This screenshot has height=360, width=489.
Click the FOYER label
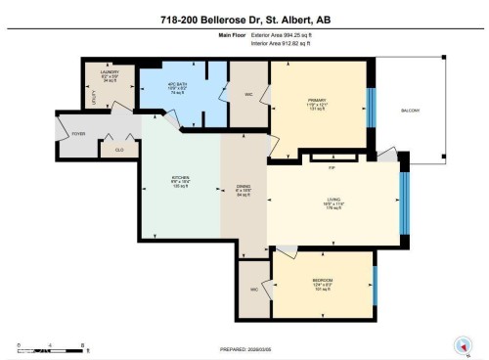106,134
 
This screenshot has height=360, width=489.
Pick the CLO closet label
119,150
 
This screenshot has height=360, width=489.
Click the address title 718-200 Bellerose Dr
244,19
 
